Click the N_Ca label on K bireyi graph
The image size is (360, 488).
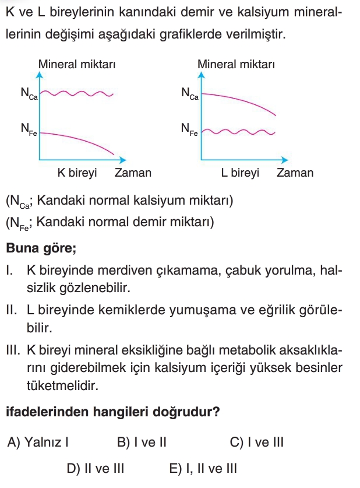[x=29, y=94]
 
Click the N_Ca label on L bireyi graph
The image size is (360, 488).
[x=189, y=94]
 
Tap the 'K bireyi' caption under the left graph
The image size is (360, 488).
[x=77, y=173]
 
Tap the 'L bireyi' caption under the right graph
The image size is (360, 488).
[x=239, y=173]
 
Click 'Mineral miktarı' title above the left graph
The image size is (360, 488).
[x=76, y=64]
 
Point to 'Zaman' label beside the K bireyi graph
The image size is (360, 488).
[x=133, y=173]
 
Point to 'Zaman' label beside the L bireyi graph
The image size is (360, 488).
[x=295, y=173]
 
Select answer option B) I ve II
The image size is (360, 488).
[x=142, y=442]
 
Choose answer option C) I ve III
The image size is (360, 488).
[x=256, y=442]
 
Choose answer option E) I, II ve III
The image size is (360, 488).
[x=203, y=468]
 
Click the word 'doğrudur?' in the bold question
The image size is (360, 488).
[x=186, y=412]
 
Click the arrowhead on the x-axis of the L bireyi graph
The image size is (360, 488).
[x=285, y=160]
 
